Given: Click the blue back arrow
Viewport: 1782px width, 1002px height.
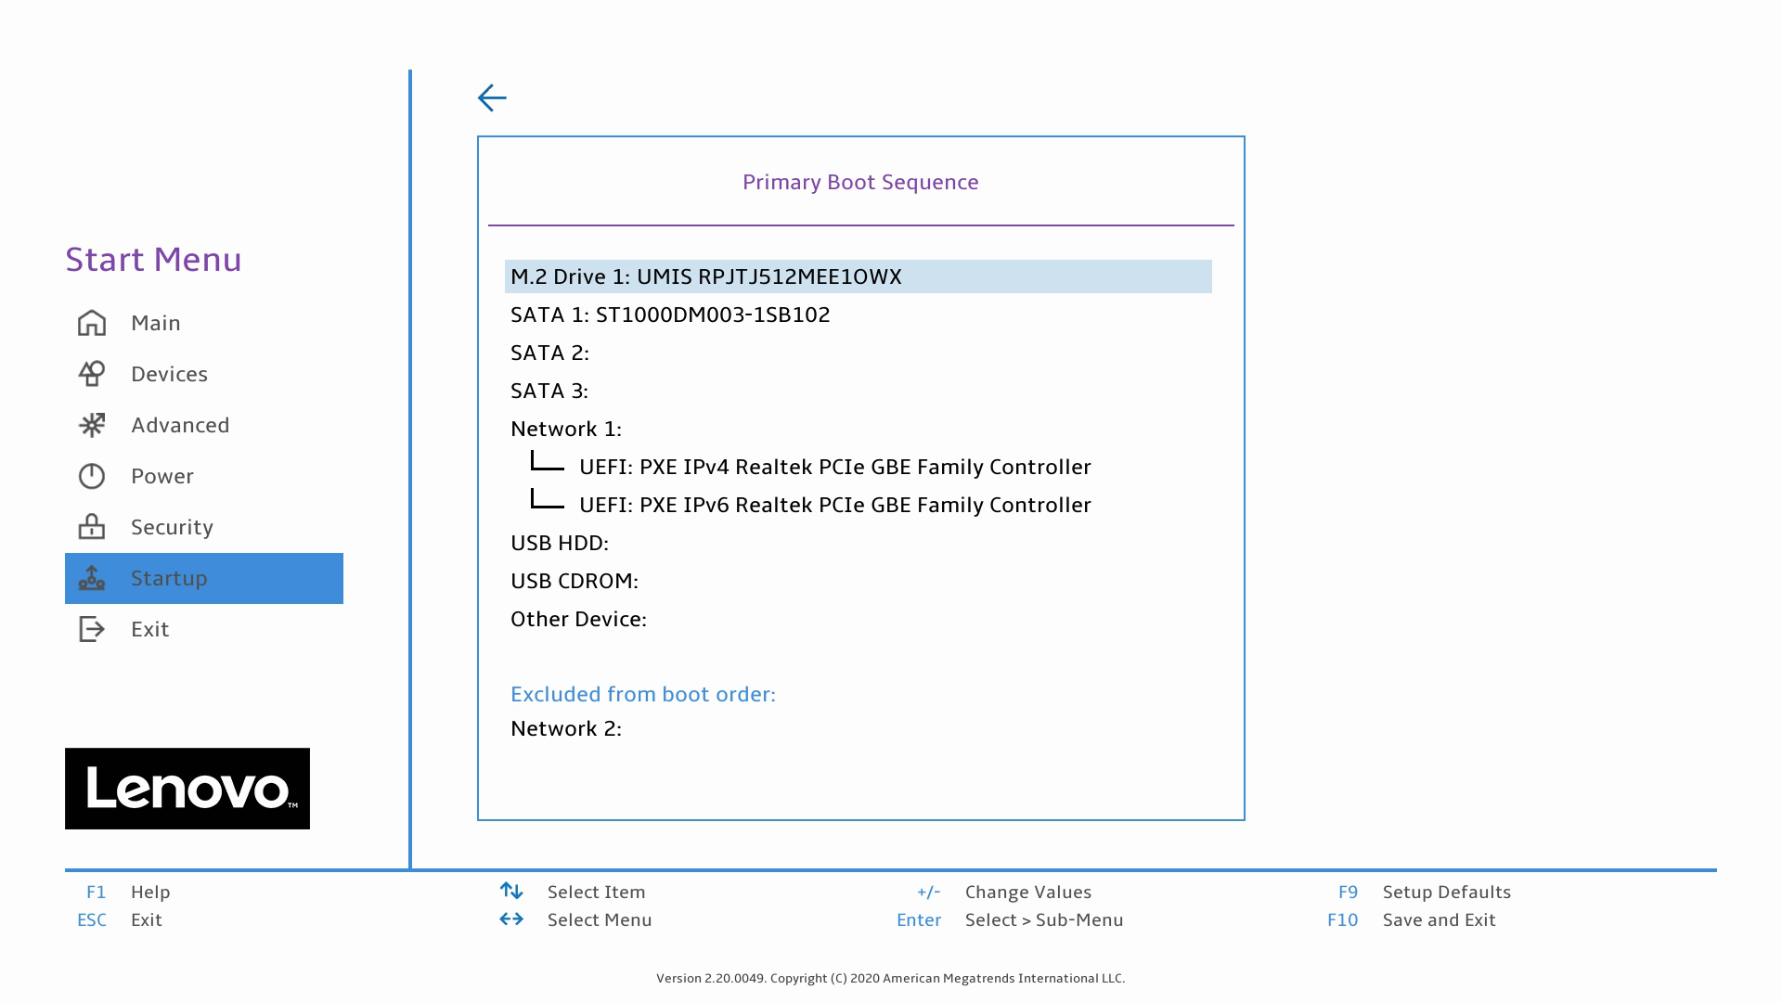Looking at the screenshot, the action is tap(492, 97).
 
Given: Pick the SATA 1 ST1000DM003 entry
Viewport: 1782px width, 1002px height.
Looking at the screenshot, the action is tap(670, 315).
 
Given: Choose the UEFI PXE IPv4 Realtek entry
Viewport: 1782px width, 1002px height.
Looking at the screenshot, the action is tap(834, 467).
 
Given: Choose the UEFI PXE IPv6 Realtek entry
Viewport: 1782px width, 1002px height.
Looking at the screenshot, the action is tap(834, 505).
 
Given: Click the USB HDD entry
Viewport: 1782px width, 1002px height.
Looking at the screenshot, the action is tap(560, 543).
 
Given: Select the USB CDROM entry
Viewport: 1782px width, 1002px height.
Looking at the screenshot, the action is tap(575, 581).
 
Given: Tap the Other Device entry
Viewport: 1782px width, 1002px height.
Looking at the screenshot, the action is tap(578, 619).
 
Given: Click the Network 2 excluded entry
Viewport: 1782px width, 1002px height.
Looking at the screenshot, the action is tap(566, 728).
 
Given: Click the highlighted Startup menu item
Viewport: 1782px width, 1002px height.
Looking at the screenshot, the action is tap(204, 578).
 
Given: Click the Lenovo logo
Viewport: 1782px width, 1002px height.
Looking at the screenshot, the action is tap(187, 789).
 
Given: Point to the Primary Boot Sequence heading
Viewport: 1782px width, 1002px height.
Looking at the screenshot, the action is tap(860, 182).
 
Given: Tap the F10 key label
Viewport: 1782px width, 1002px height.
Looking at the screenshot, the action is tap(1342, 919).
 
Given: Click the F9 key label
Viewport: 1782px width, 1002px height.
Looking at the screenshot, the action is tap(1348, 892).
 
